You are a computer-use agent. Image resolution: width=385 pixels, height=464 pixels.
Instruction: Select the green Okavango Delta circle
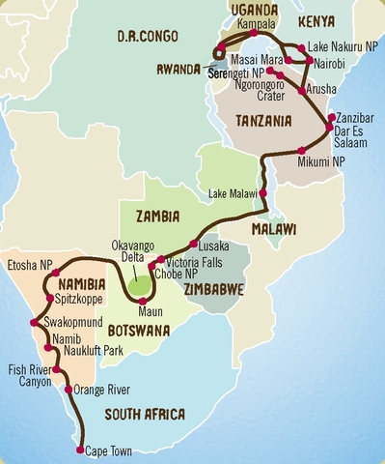point(142,285)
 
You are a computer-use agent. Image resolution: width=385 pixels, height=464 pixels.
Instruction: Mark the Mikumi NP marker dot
point(302,150)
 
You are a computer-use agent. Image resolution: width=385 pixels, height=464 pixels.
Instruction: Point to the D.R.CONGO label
point(144,37)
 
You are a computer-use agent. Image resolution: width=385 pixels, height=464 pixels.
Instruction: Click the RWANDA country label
point(180,69)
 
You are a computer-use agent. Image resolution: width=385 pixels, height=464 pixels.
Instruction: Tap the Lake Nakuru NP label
point(343,46)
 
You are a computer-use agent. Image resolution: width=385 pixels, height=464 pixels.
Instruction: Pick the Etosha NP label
point(28,263)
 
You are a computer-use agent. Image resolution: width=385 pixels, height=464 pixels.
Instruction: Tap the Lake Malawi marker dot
point(261,193)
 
